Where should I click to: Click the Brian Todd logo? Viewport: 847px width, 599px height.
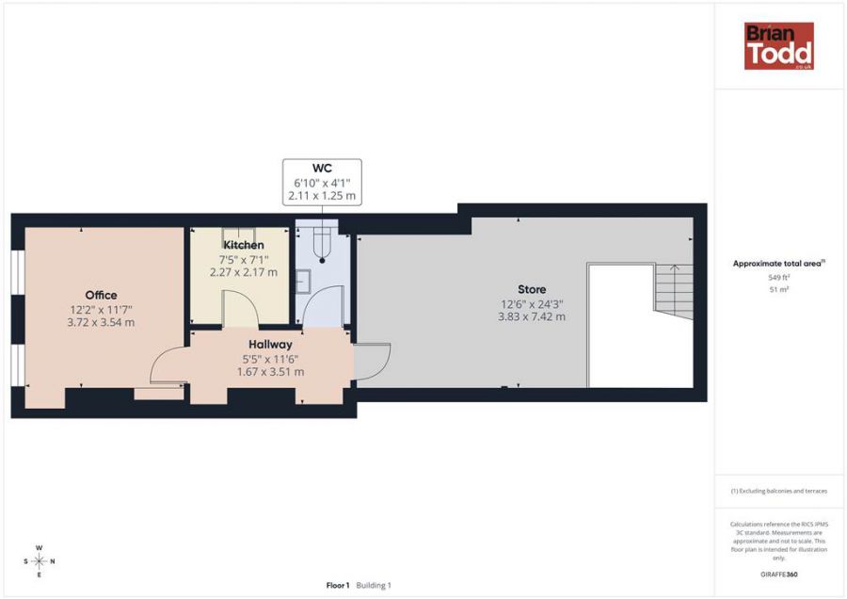pyautogui.click(x=779, y=46)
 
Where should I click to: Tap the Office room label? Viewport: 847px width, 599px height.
pyautogui.click(x=101, y=295)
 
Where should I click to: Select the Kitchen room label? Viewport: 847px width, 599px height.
pyautogui.click(x=244, y=245)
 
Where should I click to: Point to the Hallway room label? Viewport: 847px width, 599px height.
pyautogui.click(x=270, y=345)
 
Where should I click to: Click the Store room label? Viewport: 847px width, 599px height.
pyautogui.click(x=532, y=289)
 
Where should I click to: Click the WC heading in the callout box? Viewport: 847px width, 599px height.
pyautogui.click(x=322, y=169)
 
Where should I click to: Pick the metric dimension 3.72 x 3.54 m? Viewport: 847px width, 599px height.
pyautogui.click(x=101, y=323)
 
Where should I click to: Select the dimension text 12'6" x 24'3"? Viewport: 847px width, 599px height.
pyautogui.click(x=532, y=304)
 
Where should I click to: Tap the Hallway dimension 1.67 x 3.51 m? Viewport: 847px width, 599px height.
pyautogui.click(x=270, y=372)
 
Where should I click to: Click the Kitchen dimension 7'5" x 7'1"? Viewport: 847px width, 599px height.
pyautogui.click(x=244, y=260)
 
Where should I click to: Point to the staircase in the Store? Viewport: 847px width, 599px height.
pyautogui.click(x=674, y=292)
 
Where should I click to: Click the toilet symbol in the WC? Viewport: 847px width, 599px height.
pyautogui.click(x=322, y=244)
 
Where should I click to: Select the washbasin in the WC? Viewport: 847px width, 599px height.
pyautogui.click(x=302, y=281)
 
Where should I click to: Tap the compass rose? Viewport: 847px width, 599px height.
pyautogui.click(x=39, y=561)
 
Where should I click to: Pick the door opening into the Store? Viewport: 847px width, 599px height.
pyautogui.click(x=372, y=362)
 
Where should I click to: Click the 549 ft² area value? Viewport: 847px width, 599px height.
pyautogui.click(x=779, y=277)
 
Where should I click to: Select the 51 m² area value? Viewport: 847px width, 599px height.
pyautogui.click(x=779, y=290)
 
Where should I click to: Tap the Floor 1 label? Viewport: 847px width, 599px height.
pyautogui.click(x=338, y=585)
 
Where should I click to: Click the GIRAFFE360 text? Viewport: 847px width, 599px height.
pyautogui.click(x=779, y=575)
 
